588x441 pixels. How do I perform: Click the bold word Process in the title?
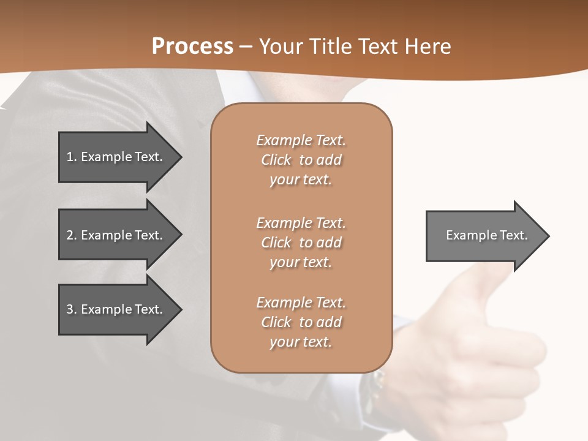192,47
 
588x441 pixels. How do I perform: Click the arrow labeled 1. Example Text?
115,157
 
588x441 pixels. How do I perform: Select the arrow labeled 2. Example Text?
115,235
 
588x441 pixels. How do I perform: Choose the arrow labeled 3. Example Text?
115,309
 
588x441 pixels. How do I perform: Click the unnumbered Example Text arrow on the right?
486,235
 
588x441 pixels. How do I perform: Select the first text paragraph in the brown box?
301,160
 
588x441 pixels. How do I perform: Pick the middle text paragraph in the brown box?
301,242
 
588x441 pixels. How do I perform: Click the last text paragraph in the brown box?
301,322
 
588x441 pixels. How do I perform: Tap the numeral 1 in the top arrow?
70,157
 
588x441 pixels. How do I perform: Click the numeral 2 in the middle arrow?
70,235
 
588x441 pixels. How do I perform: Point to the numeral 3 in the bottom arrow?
70,309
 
